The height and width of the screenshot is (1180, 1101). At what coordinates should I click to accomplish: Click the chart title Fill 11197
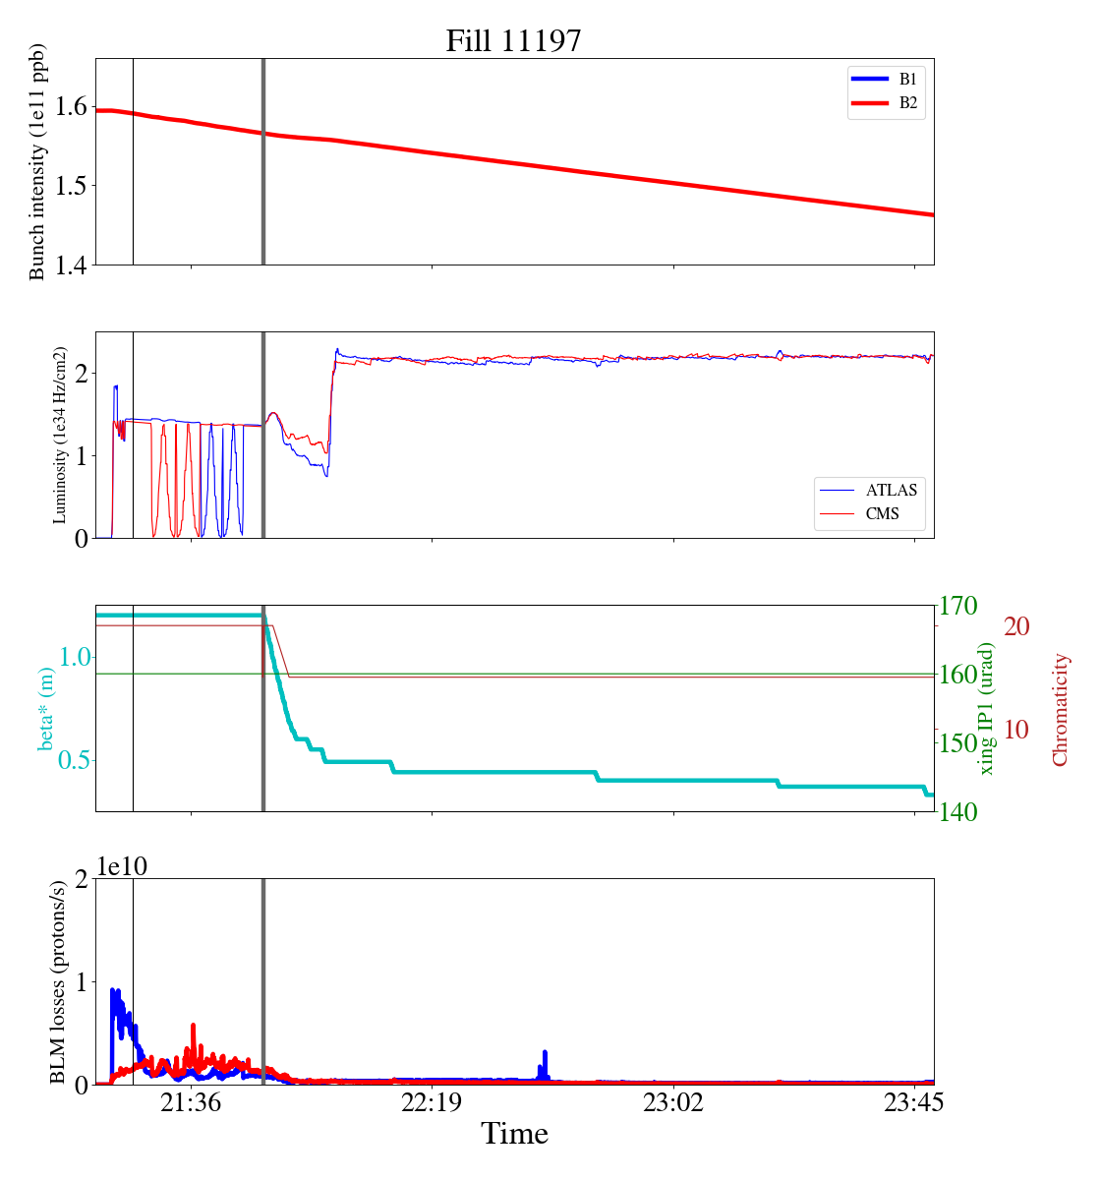point(513,40)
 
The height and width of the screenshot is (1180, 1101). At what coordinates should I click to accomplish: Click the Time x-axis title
point(514,1134)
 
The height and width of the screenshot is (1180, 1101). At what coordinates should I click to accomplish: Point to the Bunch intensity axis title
point(37,162)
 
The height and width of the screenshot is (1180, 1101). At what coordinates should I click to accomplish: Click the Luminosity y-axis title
point(60,435)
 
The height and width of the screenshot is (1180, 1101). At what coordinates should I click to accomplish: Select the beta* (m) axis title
point(46,708)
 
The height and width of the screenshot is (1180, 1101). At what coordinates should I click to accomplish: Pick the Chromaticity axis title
point(1060,708)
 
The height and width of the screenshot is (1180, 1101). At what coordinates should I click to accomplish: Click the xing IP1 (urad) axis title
point(987,708)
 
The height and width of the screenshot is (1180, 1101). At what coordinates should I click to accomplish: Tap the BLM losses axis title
point(59,981)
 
